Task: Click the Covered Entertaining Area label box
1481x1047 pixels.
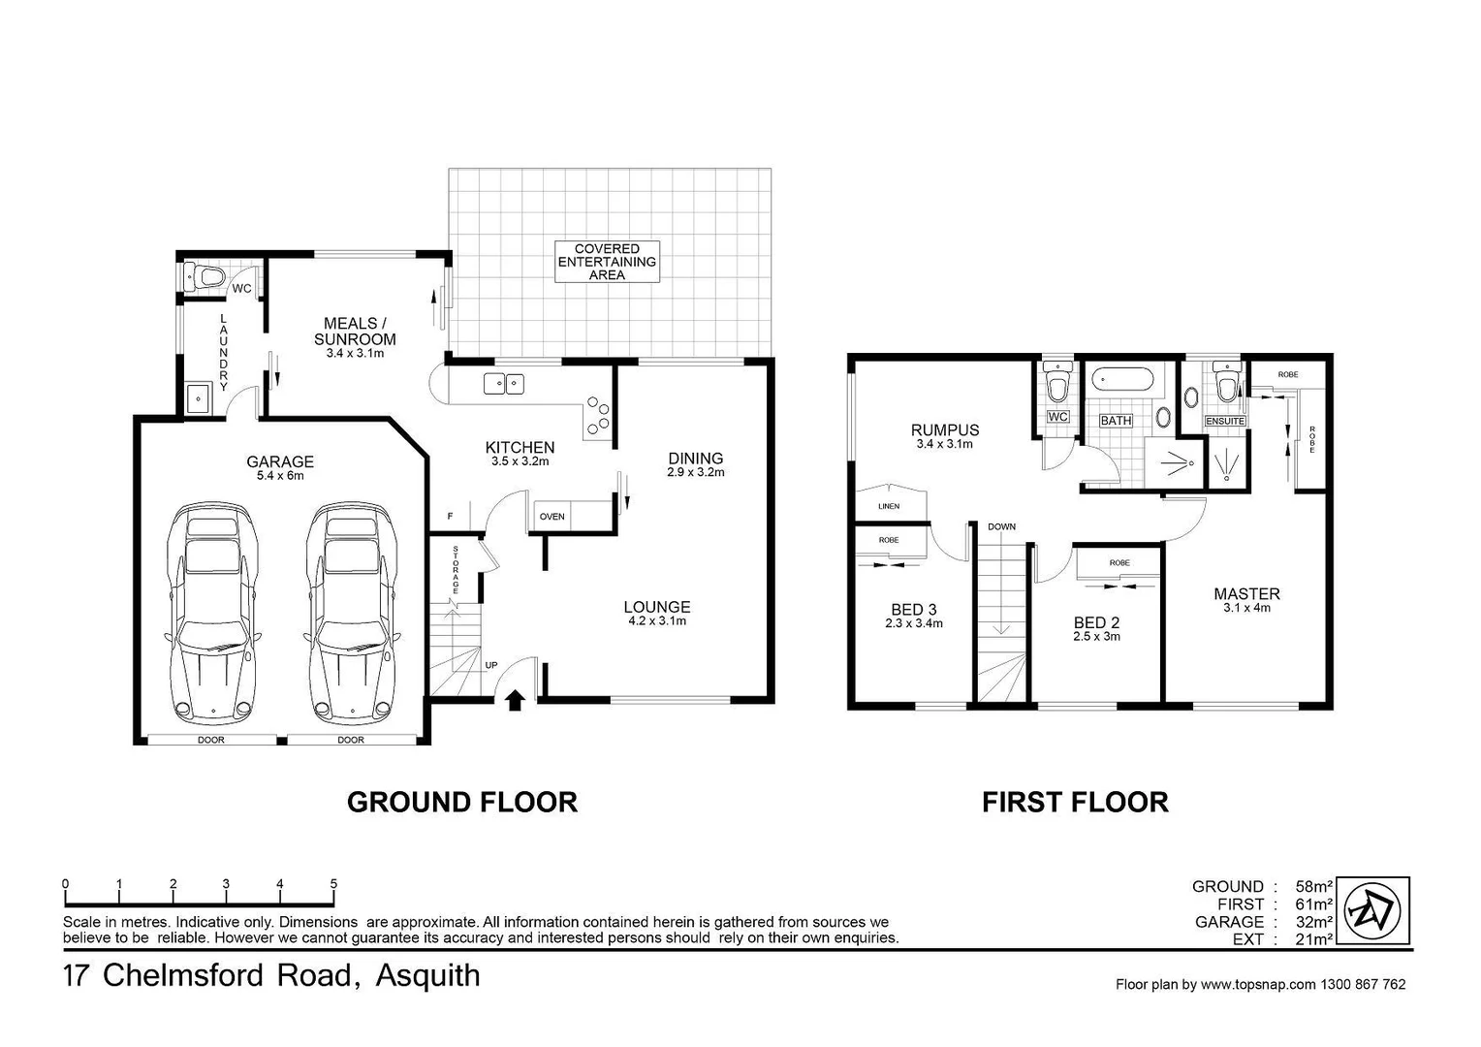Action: pos(607,262)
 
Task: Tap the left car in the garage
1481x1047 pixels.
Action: pos(212,613)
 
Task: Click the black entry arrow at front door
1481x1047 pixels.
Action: pos(515,698)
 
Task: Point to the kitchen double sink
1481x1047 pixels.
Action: pos(503,384)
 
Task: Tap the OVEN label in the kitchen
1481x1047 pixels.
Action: pos(552,517)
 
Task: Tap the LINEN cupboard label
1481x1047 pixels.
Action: pos(889,506)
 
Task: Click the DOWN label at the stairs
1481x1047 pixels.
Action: pos(1002,526)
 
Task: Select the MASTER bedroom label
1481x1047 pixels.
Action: pos(1246,594)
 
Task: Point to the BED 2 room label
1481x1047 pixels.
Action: pos(1096,623)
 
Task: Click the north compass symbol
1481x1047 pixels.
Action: pos(1377,910)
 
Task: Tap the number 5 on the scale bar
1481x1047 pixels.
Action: pos(333,884)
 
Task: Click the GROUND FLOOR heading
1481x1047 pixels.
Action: pos(462,802)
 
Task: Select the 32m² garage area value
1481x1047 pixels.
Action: pos(1315,922)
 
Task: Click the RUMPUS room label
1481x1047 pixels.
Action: pos(944,430)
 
